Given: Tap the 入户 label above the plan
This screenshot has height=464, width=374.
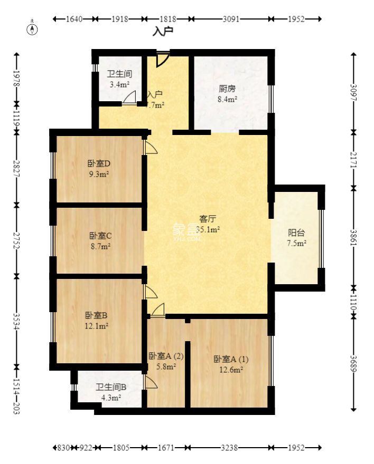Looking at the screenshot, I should coord(163,32).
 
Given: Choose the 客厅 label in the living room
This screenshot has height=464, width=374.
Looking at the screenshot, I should coord(208,218).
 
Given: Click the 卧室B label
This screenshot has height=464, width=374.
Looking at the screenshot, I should coord(97,315).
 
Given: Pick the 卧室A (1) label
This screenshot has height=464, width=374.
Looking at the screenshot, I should coord(231,359).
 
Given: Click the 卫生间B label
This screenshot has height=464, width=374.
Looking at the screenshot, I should coord(111,387).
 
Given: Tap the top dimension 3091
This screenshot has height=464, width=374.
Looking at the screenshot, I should coord(231,19).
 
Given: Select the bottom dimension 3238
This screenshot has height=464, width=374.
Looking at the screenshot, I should coord(228,448).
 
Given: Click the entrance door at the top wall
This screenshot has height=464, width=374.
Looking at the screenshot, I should coord(163,59).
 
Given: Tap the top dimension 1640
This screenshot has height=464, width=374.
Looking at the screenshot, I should coord(74,19).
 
